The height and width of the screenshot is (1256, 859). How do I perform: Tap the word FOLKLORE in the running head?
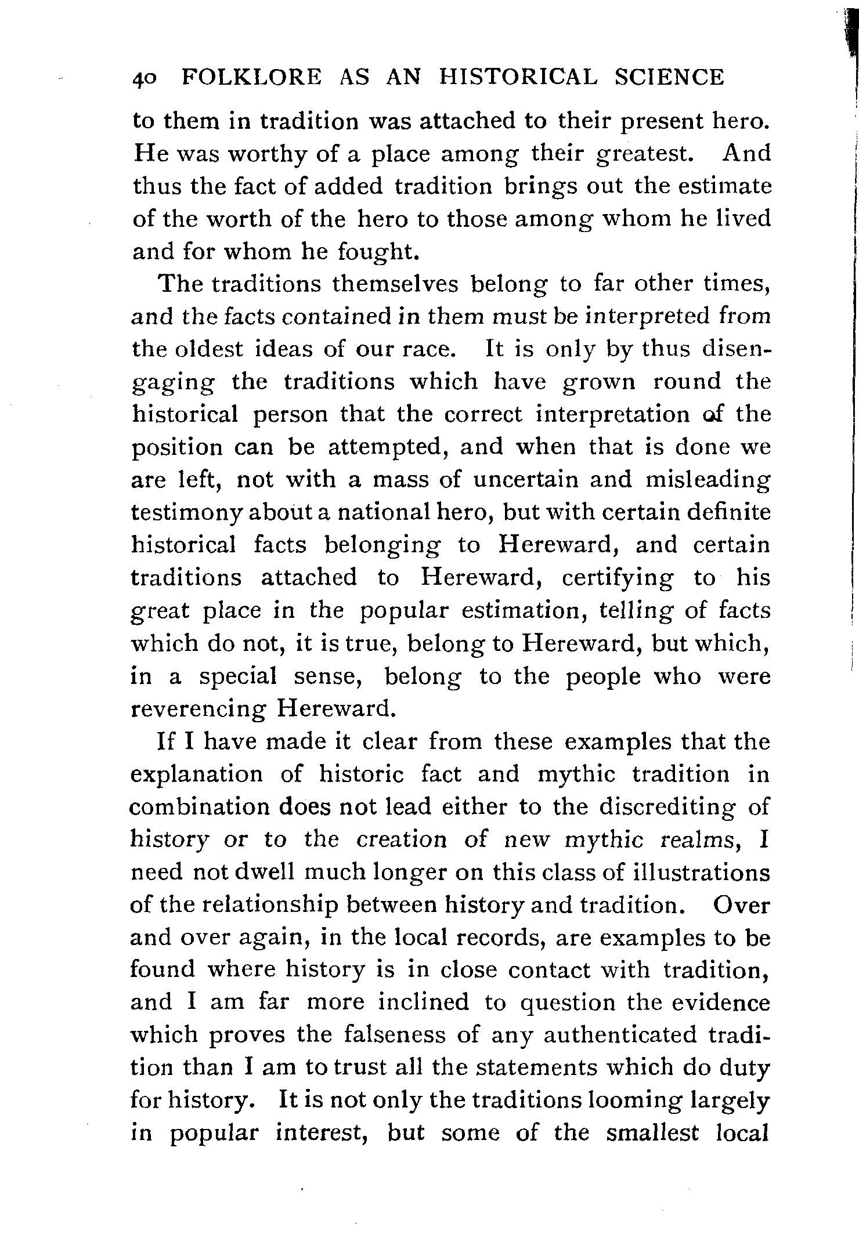(252, 77)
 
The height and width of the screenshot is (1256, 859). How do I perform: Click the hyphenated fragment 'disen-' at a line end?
(736, 350)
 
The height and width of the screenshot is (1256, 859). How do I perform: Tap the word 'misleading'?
(708, 480)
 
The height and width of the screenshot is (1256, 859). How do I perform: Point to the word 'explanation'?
(196, 775)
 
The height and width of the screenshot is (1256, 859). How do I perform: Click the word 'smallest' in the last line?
(652, 1134)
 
